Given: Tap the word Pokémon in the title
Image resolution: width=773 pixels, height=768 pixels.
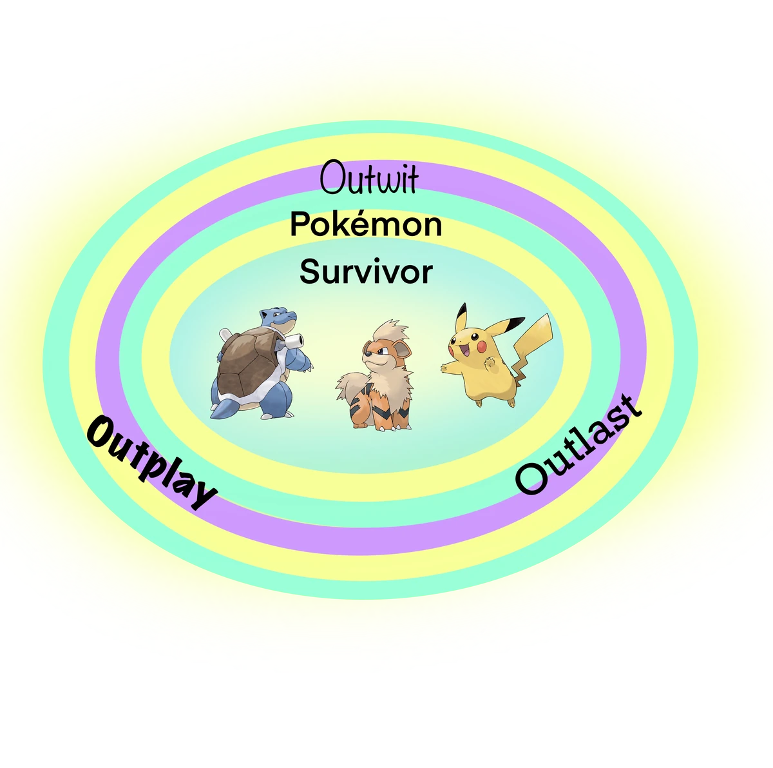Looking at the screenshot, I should coord(366,225).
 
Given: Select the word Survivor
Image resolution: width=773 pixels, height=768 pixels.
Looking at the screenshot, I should coord(366,272).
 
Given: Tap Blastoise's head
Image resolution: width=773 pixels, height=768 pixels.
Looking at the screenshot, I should coord(278,317).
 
